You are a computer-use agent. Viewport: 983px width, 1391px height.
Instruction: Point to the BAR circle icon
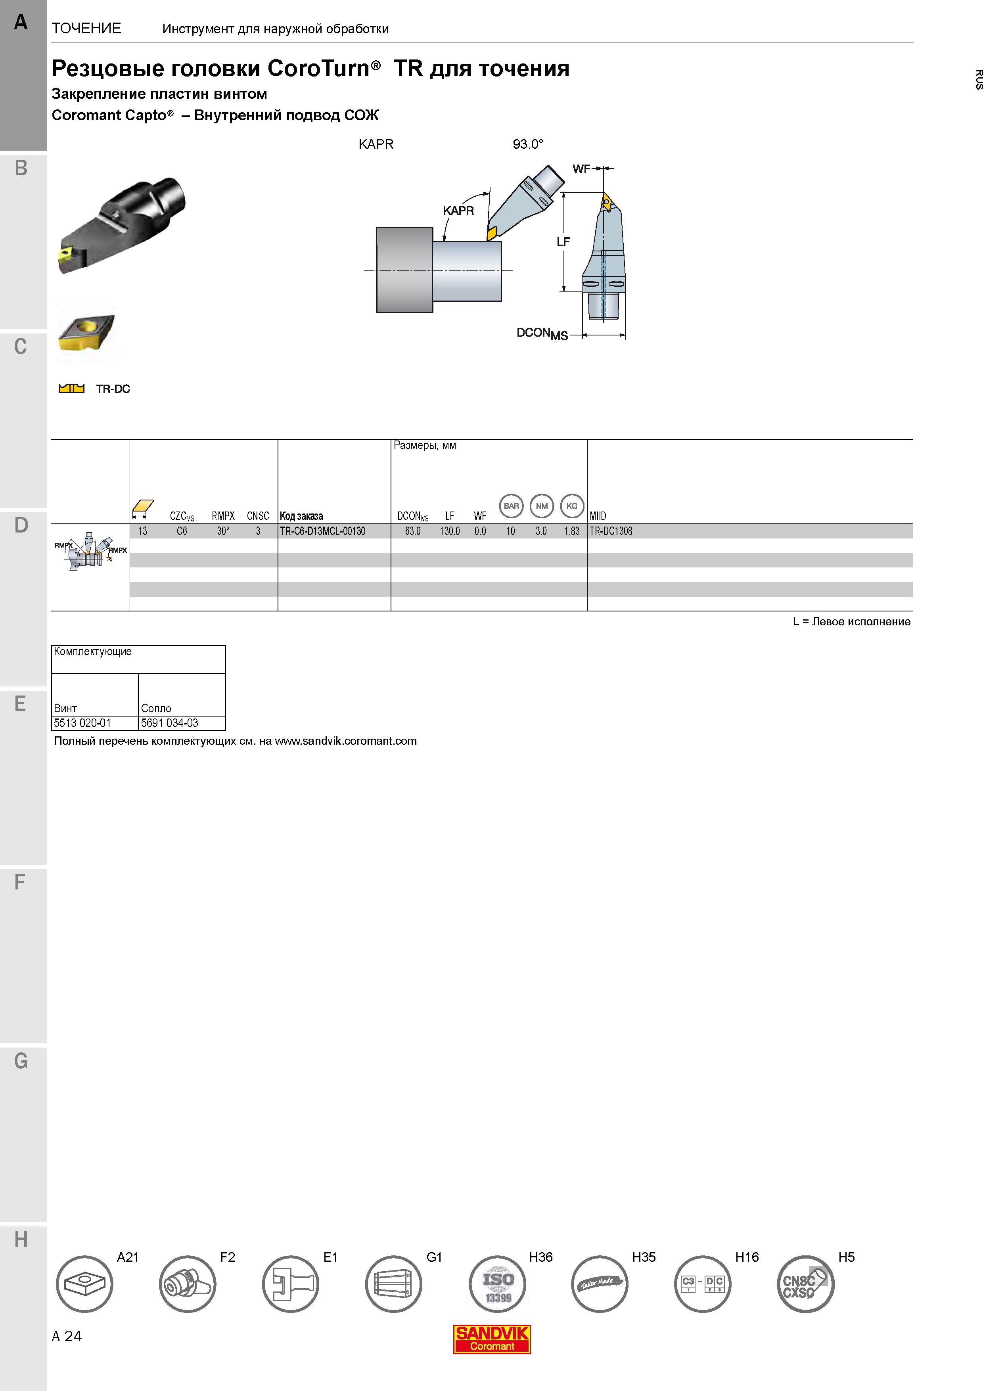(511, 506)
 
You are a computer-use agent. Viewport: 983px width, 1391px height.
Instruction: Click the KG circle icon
(572, 506)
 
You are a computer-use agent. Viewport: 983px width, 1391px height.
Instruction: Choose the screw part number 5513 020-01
(82, 723)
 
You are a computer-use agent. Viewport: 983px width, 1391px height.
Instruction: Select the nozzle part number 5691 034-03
(170, 723)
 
